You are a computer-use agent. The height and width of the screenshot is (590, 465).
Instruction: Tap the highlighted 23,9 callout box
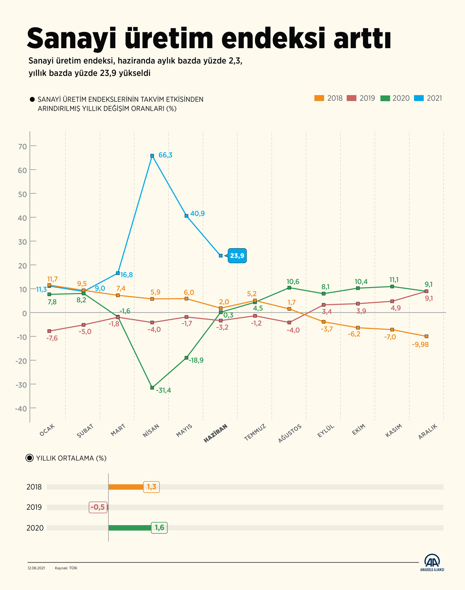pyautogui.click(x=237, y=256)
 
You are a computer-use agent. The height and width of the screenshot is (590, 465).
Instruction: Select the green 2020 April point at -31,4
pyautogui.click(x=152, y=388)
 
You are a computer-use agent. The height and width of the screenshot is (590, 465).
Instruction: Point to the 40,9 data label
pyautogui.click(x=197, y=214)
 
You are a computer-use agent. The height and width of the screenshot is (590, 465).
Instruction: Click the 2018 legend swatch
pyautogui.click(x=319, y=98)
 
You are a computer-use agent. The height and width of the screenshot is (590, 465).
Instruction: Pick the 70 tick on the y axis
pyautogui.click(x=22, y=146)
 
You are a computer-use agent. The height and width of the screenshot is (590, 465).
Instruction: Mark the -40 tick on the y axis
pyautogui.click(x=21, y=409)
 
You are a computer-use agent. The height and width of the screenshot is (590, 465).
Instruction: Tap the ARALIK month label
pyautogui.click(x=428, y=432)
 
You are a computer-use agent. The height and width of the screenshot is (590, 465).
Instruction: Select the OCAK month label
pyautogui.click(x=47, y=430)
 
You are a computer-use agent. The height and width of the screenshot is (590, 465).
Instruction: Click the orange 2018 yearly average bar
pyautogui.click(x=126, y=487)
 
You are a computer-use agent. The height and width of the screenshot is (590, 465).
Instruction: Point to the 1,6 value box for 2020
pyautogui.click(x=159, y=528)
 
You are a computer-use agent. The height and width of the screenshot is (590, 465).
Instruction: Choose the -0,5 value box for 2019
pyautogui.click(x=98, y=507)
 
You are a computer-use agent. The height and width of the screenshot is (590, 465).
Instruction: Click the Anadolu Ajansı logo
pyautogui.click(x=432, y=563)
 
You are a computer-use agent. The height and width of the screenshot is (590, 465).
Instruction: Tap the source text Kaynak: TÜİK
pyautogui.click(x=66, y=568)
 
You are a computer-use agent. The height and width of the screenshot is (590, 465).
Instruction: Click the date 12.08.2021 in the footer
pyautogui.click(x=36, y=568)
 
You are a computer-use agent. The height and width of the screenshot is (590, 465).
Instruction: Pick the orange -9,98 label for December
pyautogui.click(x=421, y=344)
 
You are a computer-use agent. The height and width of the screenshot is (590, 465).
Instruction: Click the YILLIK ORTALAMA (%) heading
pyautogui.click(x=71, y=458)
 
